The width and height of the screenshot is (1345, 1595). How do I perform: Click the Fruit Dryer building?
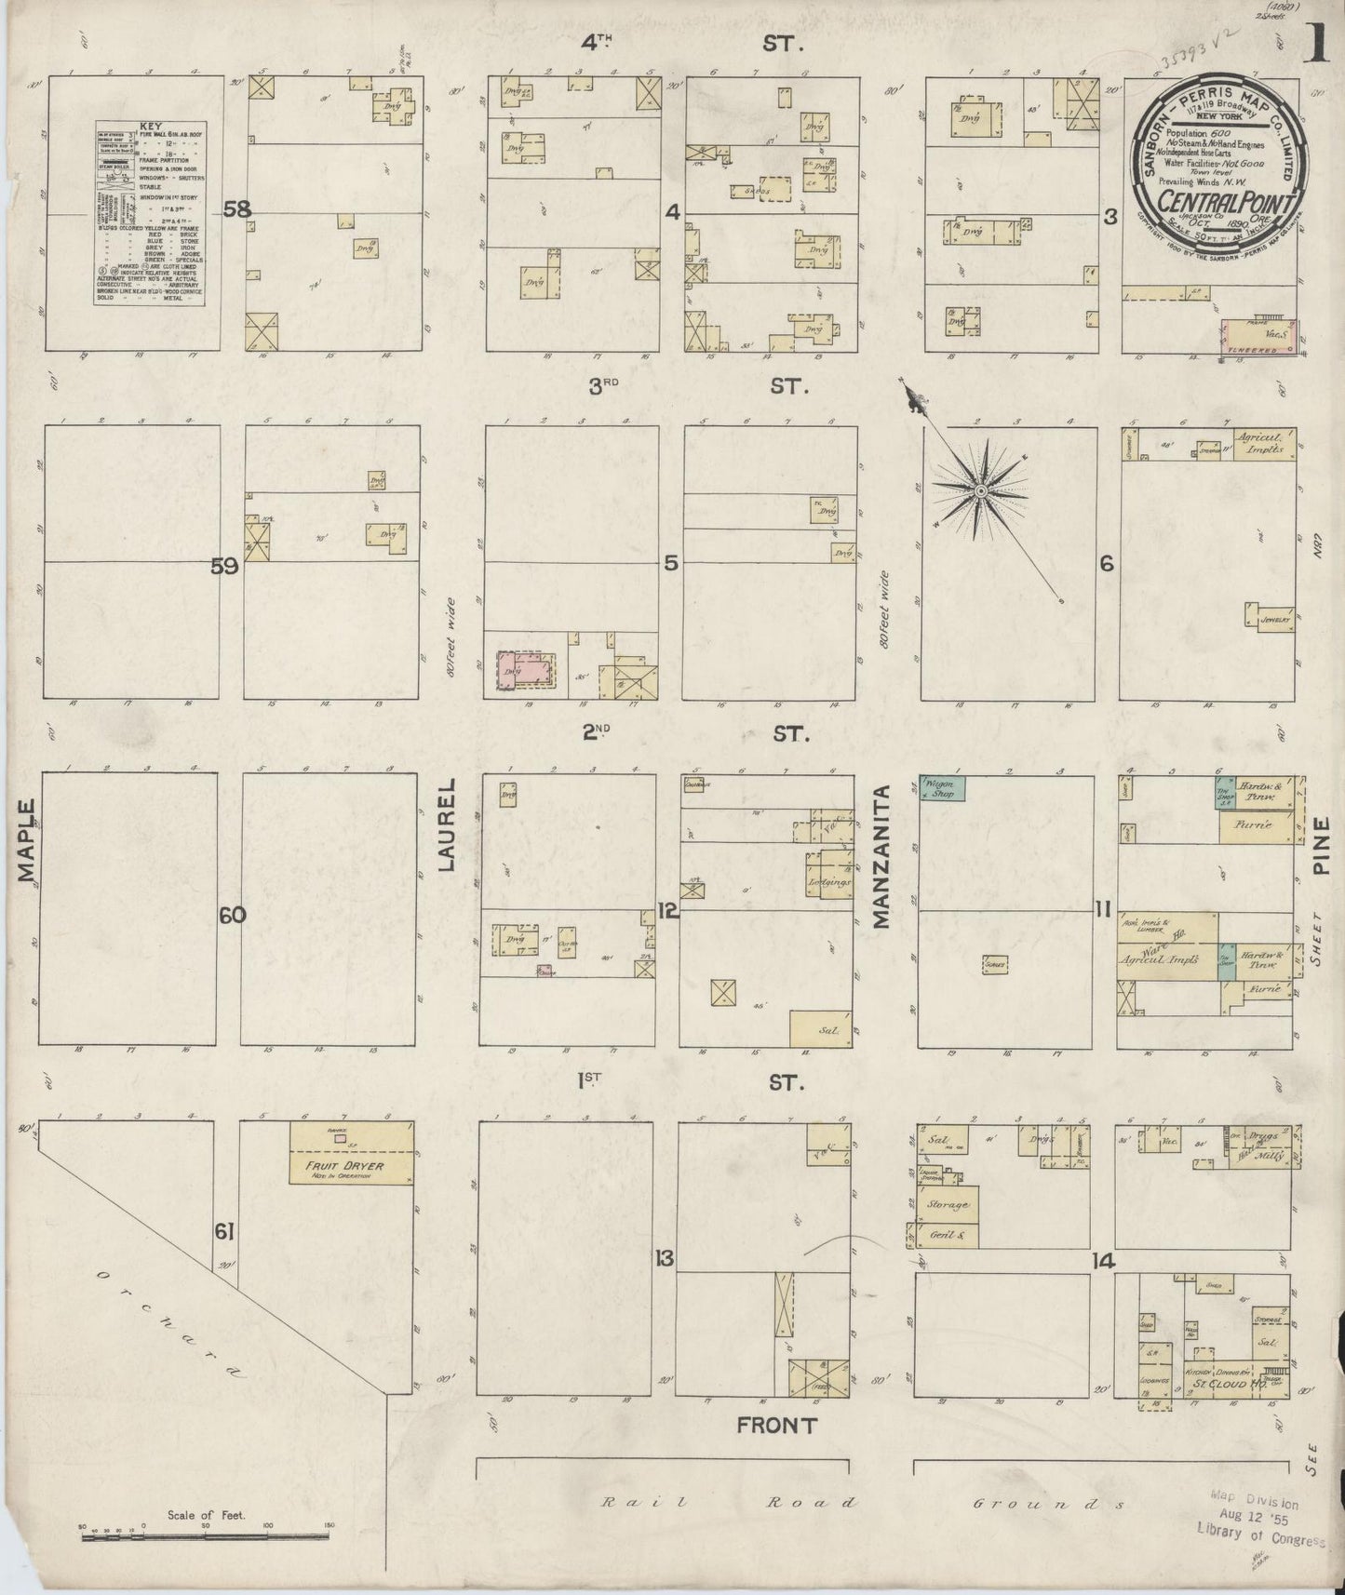(351, 1154)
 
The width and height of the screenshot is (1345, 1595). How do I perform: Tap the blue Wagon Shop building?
(941, 789)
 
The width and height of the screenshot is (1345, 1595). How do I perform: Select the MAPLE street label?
(25, 839)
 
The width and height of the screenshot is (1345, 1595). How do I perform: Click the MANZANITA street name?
(881, 856)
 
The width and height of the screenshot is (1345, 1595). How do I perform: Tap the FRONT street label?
(776, 1425)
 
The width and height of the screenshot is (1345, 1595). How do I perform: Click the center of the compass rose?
(981, 489)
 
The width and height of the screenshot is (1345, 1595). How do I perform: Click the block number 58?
(237, 210)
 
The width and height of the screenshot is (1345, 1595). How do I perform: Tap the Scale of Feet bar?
(205, 1537)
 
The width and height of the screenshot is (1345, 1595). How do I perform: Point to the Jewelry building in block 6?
(1268, 614)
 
